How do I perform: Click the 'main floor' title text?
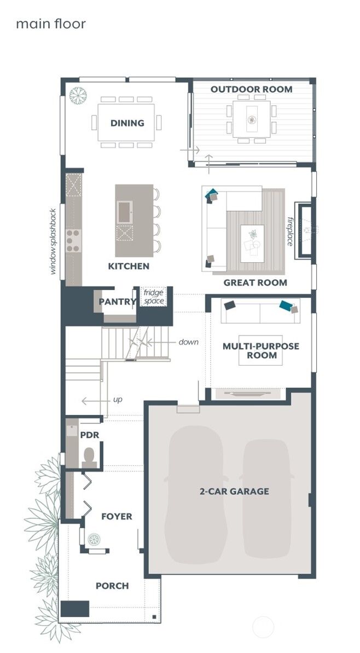click(50, 24)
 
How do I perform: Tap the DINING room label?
click(127, 123)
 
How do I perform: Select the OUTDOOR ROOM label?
click(252, 89)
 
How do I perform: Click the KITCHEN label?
click(129, 267)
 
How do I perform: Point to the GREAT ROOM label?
click(255, 283)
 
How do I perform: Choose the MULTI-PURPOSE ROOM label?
click(253, 351)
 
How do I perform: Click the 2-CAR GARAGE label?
click(234, 492)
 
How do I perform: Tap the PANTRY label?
click(117, 302)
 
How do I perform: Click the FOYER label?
click(117, 516)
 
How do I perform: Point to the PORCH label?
click(112, 586)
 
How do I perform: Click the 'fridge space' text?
click(154, 297)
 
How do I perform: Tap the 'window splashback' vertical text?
click(54, 241)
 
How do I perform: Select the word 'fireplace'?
click(291, 230)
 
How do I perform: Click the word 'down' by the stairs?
click(188, 342)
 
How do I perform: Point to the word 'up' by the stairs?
click(118, 400)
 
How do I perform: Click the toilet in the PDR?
click(89, 456)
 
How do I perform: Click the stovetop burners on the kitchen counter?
click(73, 239)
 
